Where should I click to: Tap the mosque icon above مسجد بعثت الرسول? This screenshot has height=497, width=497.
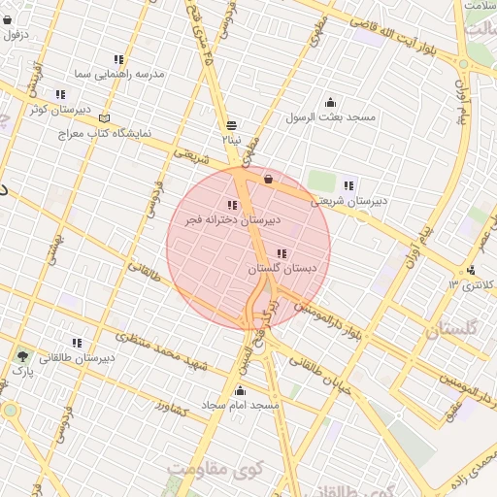point(330,103)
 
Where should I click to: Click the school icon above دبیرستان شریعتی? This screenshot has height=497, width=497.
point(348,185)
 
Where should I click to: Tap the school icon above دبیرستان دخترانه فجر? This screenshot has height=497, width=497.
point(232,206)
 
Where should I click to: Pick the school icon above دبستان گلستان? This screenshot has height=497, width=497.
point(282,253)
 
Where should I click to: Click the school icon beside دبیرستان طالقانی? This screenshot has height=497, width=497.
point(77,343)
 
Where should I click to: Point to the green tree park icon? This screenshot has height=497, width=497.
point(22,356)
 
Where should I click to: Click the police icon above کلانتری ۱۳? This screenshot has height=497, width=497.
point(471,270)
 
